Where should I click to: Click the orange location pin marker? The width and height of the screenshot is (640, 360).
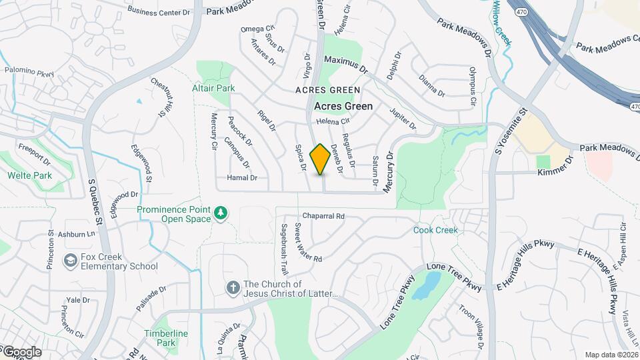pos(320,159)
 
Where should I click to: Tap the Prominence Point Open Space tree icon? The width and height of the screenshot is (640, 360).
pos(221,213)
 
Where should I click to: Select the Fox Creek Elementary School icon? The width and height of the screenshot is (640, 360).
pos(69,259)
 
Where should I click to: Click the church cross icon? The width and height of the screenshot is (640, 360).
pos(233,287)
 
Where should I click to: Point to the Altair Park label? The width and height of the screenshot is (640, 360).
pos(213,88)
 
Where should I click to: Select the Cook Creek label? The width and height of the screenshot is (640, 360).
pos(435,230)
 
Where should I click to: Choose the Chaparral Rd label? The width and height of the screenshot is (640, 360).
pos(323,216)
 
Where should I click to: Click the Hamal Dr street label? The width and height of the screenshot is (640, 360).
pos(242,178)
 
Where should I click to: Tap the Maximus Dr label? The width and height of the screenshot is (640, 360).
pos(345,64)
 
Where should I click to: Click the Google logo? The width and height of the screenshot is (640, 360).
pos(21,352)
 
